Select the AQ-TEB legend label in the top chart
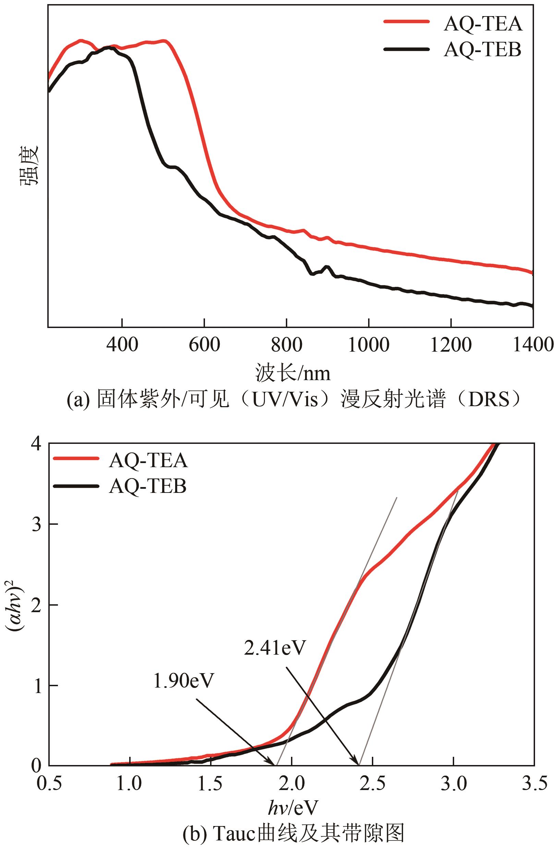(x=482, y=50)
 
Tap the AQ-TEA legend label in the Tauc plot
(x=148, y=461)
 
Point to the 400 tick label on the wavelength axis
(x=122, y=345)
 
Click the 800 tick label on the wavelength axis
(x=287, y=345)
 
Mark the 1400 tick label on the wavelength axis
(x=533, y=345)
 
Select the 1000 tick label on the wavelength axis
(x=368, y=345)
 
